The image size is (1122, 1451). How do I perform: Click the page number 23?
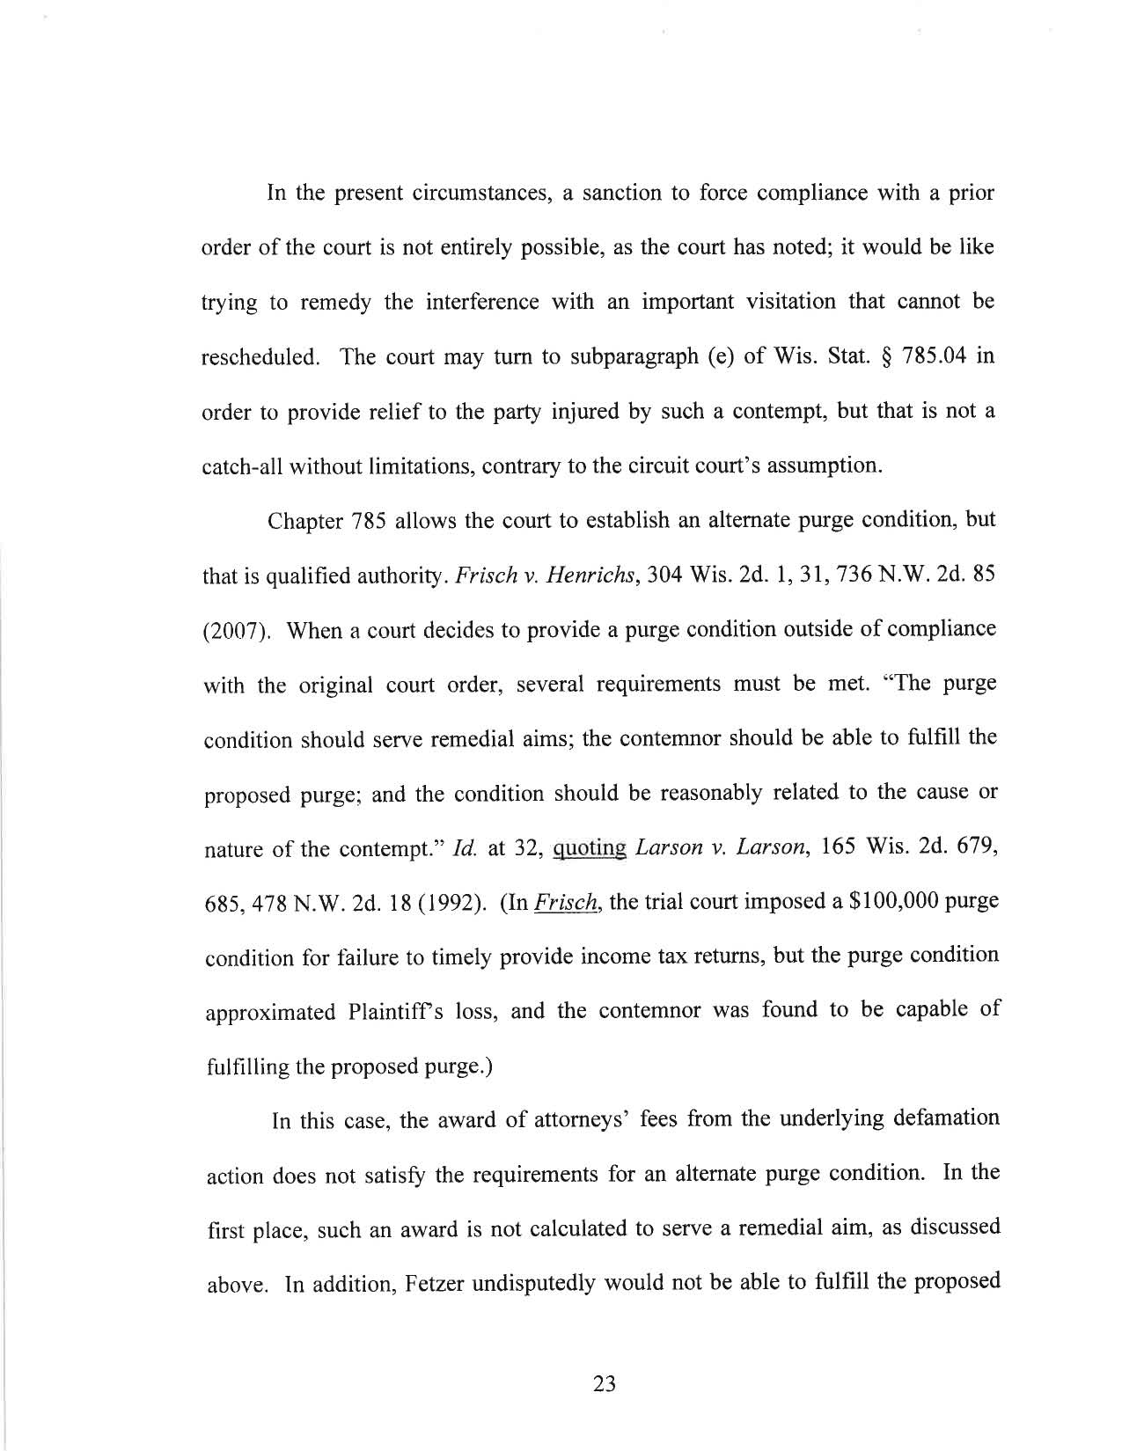coord(605,1384)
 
